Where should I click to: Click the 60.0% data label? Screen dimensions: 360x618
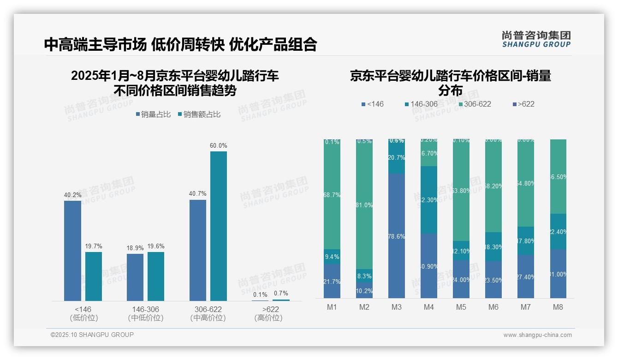[219, 145]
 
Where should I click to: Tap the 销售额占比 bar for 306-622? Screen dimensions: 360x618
[219, 226]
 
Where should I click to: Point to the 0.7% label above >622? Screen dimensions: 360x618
[280, 293]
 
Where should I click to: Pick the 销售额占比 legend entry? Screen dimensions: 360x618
[199, 114]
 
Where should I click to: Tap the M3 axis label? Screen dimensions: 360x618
[397, 307]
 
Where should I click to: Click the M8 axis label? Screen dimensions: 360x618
[558, 307]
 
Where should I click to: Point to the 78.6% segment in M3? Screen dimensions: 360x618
[397, 236]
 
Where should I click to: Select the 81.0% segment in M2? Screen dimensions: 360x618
[364, 204]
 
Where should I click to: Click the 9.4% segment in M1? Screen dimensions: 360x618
[332, 257]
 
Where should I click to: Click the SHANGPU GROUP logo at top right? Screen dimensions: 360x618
[536, 39]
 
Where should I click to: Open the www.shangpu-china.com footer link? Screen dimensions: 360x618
[537, 335]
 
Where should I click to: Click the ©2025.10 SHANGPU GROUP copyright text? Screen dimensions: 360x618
[92, 335]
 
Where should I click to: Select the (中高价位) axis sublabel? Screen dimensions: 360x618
[208, 318]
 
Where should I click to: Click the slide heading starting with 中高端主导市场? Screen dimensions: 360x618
[180, 44]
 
